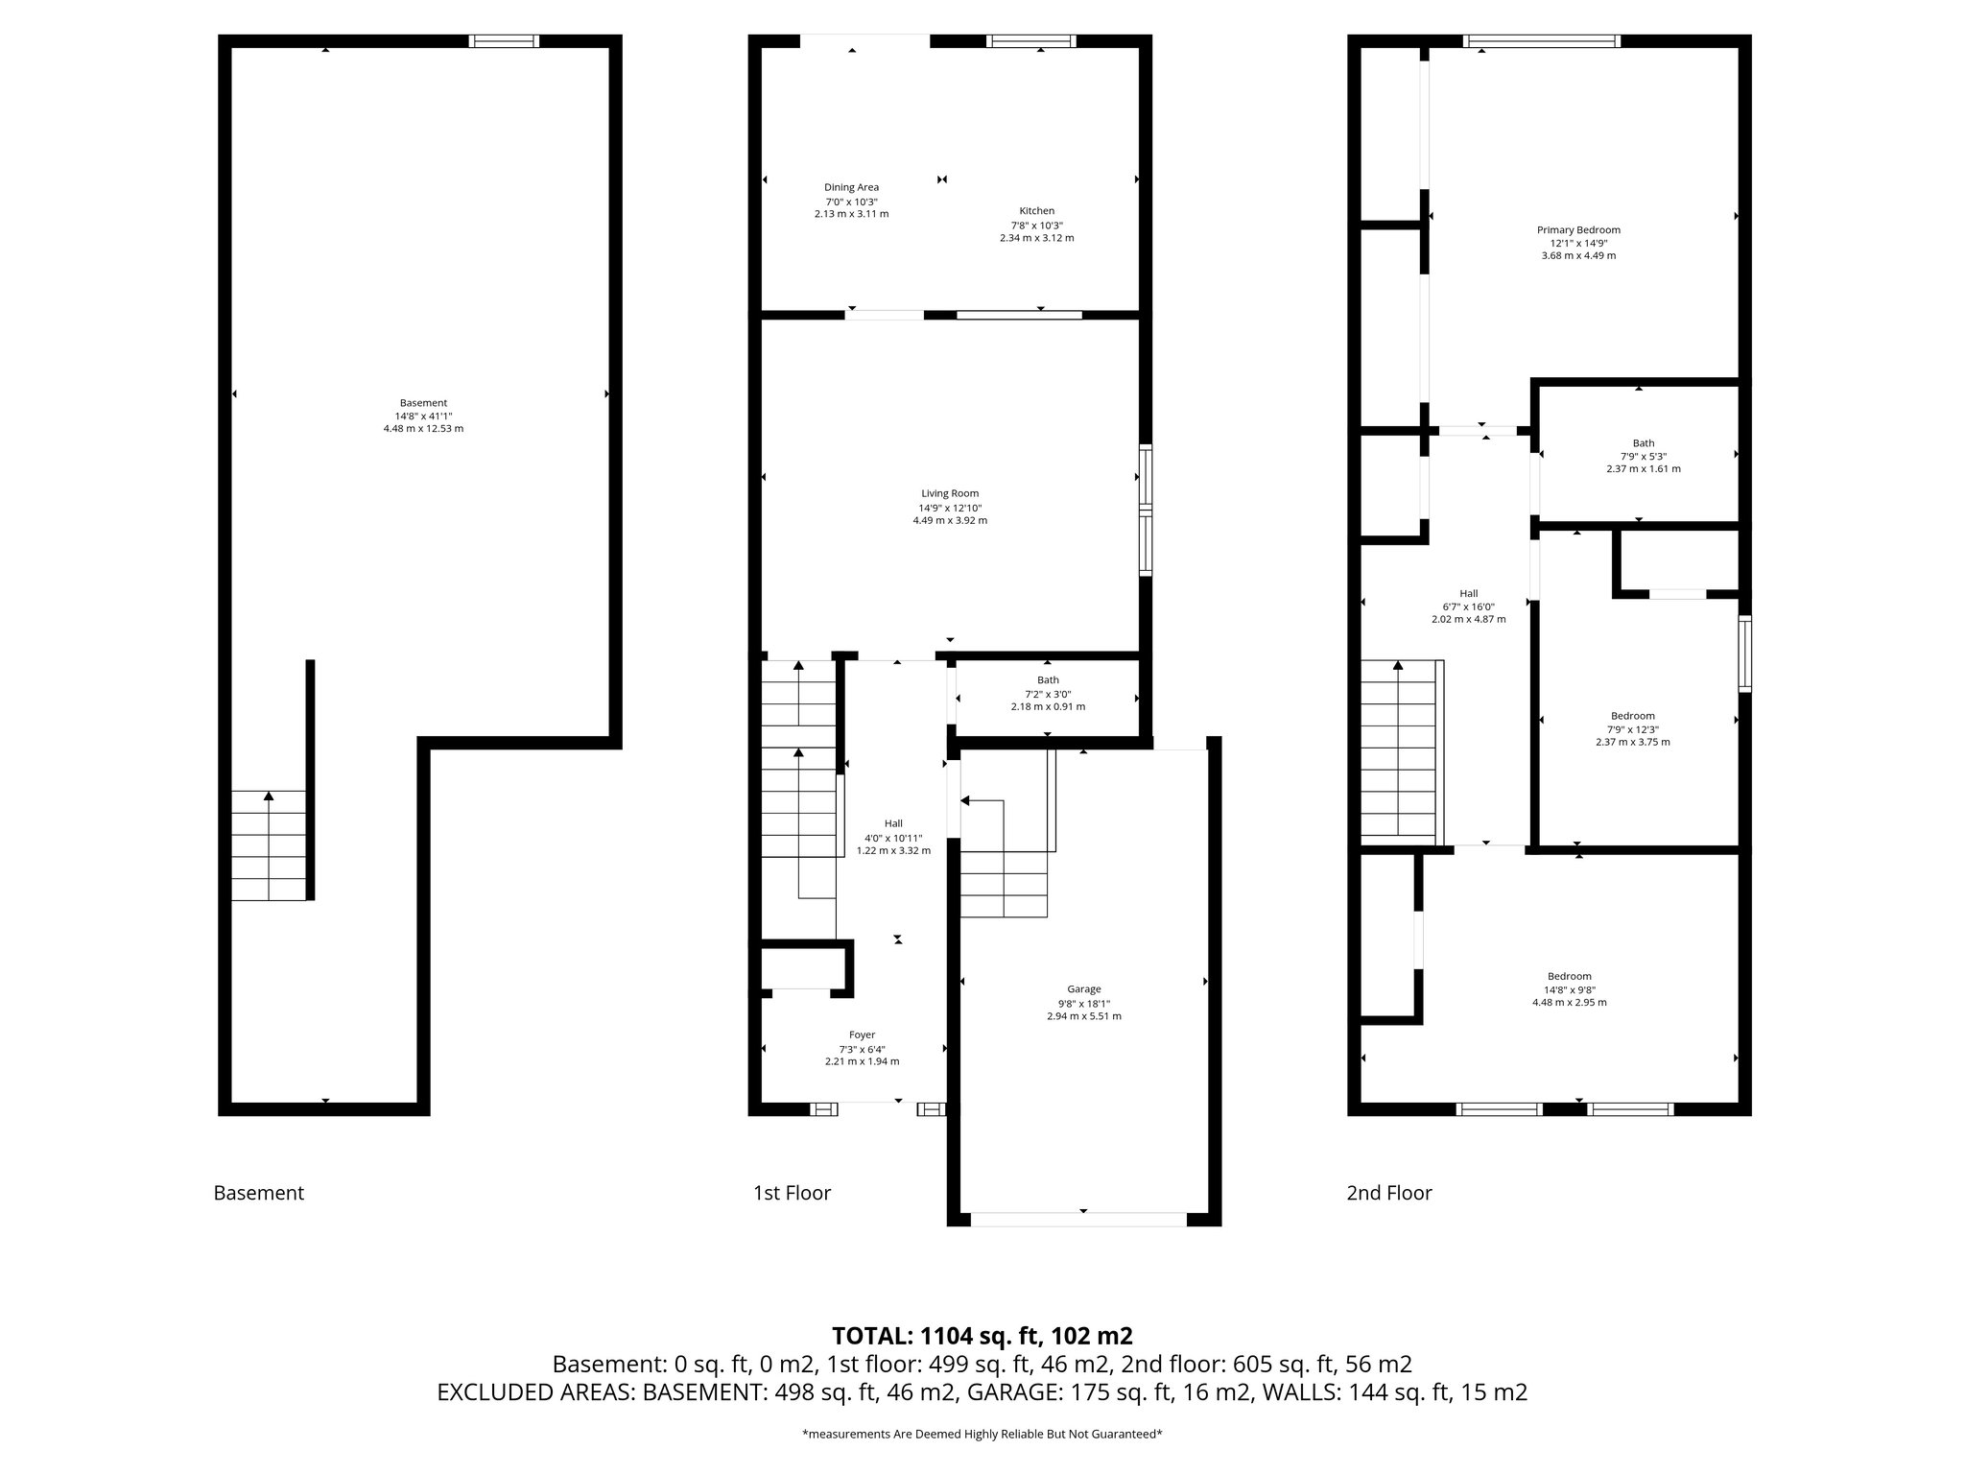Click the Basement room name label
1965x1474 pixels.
point(423,403)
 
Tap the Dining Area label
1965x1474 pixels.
point(851,188)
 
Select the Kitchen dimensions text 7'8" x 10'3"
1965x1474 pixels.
point(1036,225)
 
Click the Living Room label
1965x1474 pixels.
point(950,493)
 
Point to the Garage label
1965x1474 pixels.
point(1084,989)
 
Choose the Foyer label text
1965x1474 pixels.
point(862,1034)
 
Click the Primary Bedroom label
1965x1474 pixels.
point(1578,230)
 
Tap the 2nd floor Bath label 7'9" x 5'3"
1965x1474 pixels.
point(1644,456)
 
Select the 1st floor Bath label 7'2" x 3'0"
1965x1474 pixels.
point(1048,694)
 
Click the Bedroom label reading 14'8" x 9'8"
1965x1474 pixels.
point(1569,989)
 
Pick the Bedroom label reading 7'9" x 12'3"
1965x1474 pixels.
point(1632,728)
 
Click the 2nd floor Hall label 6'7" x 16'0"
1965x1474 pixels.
point(1468,606)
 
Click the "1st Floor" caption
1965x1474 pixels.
point(792,1193)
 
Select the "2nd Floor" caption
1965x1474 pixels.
point(1388,1193)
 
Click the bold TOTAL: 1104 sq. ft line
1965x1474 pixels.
point(982,1336)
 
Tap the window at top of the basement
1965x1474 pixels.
point(504,41)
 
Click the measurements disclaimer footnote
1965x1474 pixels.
point(982,1434)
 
